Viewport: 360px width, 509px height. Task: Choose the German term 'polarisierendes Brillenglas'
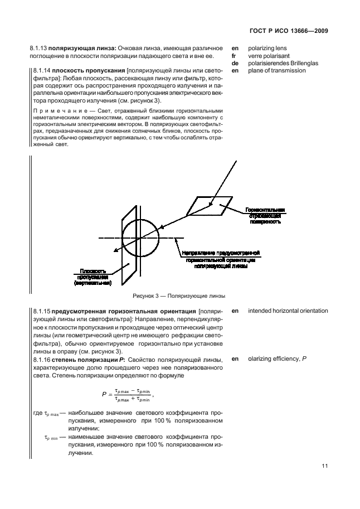pyautogui.click(x=283, y=63)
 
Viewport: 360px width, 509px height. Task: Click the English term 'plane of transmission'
pyautogui.click(x=276, y=71)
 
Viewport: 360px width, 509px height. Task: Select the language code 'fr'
pyautogui.click(x=234, y=56)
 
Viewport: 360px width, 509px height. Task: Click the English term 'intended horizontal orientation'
pyautogui.click(x=288, y=311)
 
